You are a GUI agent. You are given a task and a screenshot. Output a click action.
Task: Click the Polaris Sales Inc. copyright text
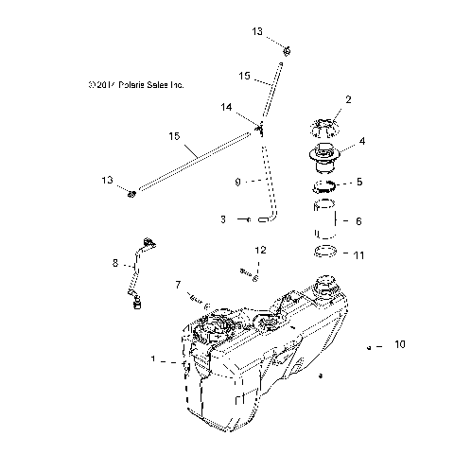(x=133, y=85)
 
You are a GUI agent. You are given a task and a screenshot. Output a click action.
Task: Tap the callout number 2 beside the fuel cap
(x=348, y=99)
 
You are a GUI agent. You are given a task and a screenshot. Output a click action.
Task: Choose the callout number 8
(x=116, y=264)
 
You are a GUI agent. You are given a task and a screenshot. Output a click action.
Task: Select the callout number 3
(x=222, y=219)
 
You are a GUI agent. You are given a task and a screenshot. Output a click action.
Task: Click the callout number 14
(x=226, y=109)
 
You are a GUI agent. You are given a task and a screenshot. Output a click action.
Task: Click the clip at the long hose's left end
(x=132, y=195)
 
